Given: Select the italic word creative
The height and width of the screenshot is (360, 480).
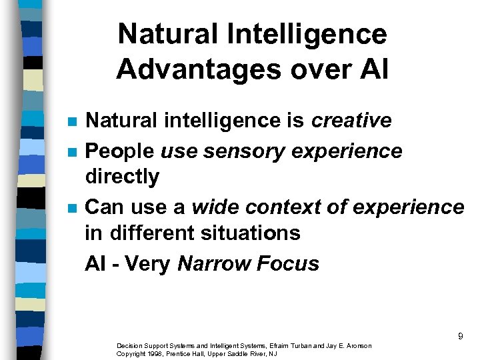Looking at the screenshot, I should click(x=351, y=121).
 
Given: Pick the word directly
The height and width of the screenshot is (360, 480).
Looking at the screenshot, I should click(x=122, y=177).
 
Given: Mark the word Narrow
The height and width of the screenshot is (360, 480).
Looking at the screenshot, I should click(x=215, y=264).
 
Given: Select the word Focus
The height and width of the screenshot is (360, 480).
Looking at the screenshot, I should click(x=289, y=264).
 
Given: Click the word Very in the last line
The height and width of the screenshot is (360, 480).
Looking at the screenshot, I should click(x=147, y=264).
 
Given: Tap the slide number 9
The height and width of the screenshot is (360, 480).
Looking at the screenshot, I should click(x=460, y=337).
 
